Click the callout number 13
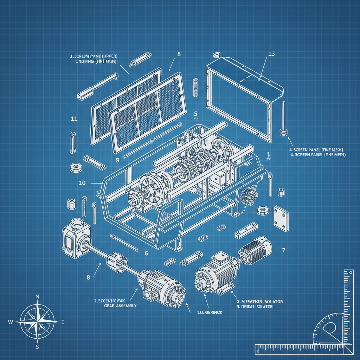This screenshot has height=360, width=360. (x=271, y=54)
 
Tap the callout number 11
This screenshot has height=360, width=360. (x=74, y=118)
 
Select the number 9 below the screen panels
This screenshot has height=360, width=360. (x=117, y=160)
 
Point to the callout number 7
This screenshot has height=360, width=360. (x=283, y=250)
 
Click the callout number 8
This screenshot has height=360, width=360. (x=88, y=277)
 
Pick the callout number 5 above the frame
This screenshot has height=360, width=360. (x=196, y=114)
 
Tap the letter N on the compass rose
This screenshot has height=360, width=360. (x=37, y=297)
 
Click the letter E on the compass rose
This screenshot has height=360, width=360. (x=63, y=322)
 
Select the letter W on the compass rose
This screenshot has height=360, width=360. (x=11, y=322)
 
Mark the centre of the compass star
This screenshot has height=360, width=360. (x=37, y=321)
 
